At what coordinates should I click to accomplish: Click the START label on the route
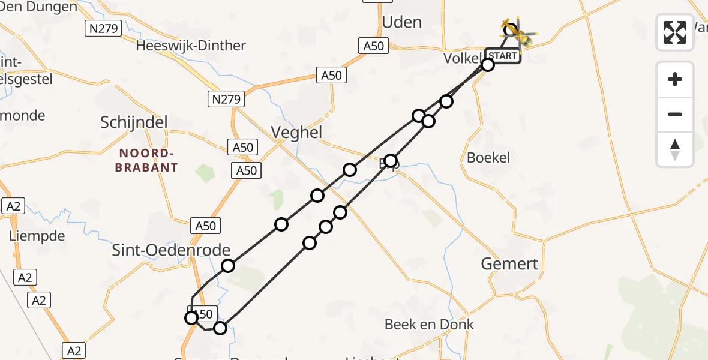click(503, 56)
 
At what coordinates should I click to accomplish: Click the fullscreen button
click(675, 32)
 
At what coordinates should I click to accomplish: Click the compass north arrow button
click(675, 149)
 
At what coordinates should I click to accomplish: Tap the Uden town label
click(402, 22)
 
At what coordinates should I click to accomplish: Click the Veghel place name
click(297, 132)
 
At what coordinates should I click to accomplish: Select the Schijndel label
click(134, 122)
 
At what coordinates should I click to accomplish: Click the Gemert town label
click(510, 263)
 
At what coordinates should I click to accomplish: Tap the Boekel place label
click(488, 158)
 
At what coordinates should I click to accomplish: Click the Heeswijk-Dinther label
click(191, 46)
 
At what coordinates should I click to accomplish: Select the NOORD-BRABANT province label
click(146, 160)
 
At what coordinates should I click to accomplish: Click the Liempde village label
click(37, 236)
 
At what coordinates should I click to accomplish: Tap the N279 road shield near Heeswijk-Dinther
click(104, 28)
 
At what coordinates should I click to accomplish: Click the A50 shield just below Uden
click(373, 45)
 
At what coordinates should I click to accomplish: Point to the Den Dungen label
click(40, 7)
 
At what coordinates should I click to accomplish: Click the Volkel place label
click(463, 59)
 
